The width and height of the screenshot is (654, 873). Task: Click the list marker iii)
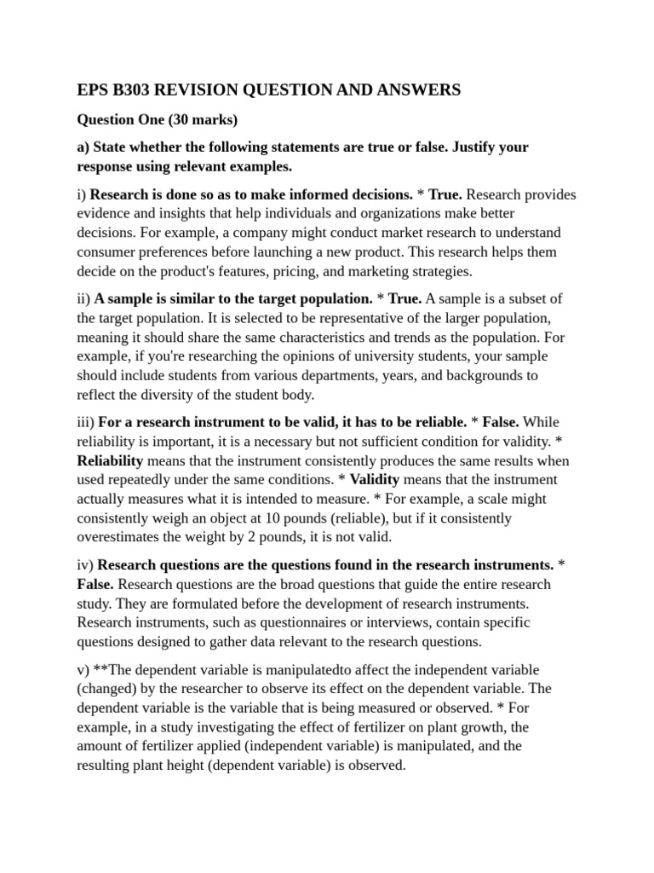click(x=86, y=422)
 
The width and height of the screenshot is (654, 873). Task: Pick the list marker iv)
click(x=86, y=565)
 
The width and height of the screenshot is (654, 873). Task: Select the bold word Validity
click(x=376, y=479)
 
